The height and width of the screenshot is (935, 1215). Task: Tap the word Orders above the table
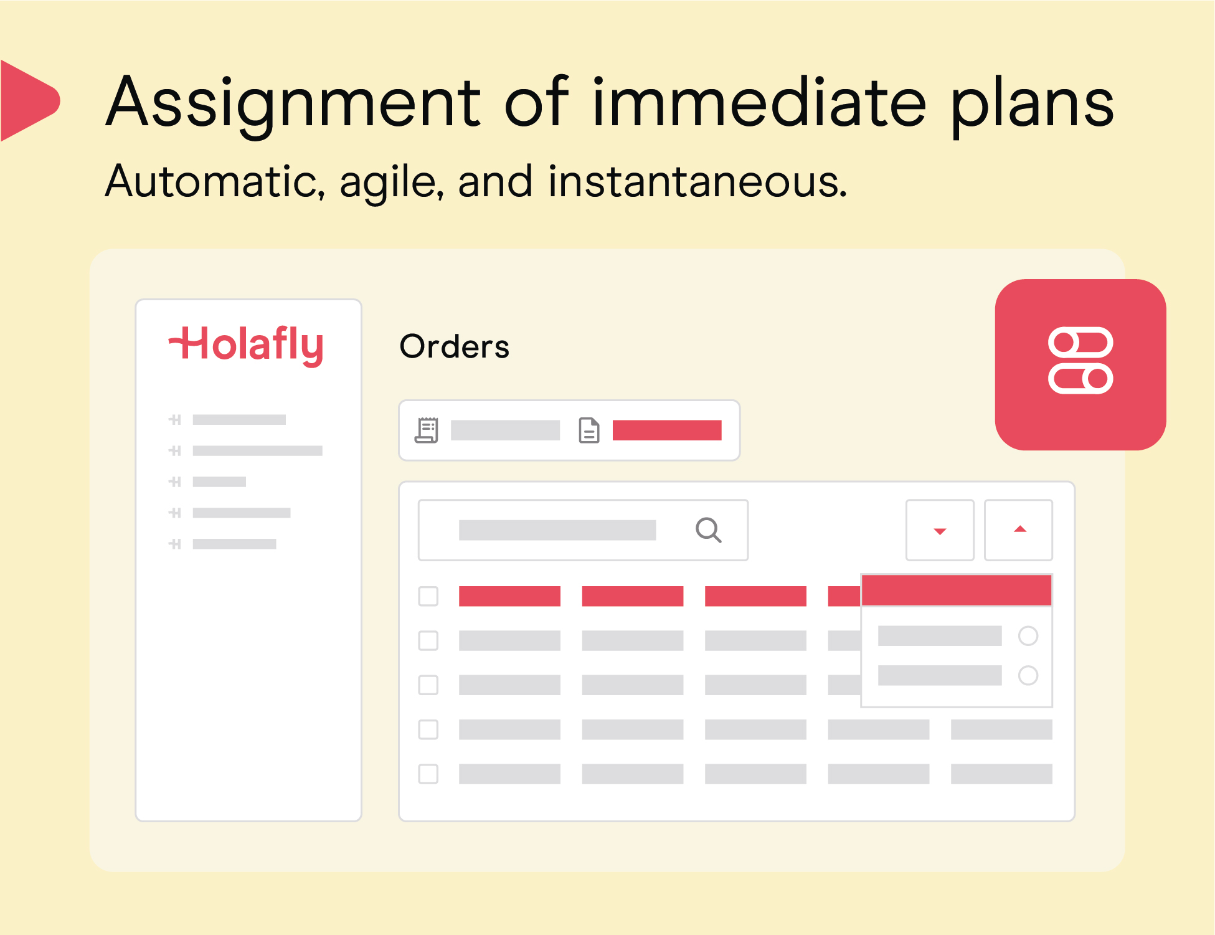coord(455,346)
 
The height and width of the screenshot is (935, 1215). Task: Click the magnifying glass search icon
coord(709,530)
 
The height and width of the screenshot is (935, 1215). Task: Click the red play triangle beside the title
coord(30,100)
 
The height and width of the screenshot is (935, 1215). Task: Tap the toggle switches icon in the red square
coord(1080,361)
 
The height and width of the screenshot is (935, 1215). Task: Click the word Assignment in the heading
coord(293,103)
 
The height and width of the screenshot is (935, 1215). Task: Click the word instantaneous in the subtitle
coord(697,182)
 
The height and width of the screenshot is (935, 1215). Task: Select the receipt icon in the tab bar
coord(427,430)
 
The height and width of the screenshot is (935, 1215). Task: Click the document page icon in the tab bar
coord(589,430)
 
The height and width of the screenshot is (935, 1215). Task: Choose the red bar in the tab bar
coord(667,430)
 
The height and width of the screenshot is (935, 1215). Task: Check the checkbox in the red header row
coord(428,596)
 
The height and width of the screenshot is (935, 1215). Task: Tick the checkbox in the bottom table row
coord(428,774)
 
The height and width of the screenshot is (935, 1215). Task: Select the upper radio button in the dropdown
coord(1028,636)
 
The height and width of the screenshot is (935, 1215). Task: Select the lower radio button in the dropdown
coord(1028,675)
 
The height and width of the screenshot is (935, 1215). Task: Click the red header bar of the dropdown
coord(957,590)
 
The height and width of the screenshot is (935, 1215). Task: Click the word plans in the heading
coord(1033,103)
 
